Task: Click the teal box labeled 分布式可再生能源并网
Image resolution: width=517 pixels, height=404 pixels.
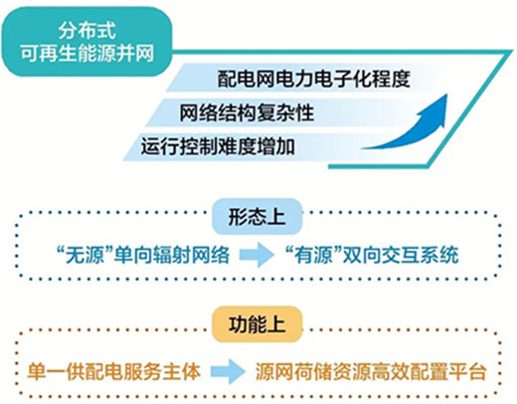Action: pyautogui.click(x=86, y=42)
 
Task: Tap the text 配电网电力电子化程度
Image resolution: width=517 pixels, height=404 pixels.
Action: pyautogui.click(x=313, y=79)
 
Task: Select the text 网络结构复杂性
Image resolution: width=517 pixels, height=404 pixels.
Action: pyautogui.click(x=247, y=112)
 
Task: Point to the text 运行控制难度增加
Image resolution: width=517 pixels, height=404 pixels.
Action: pyautogui.click(x=218, y=146)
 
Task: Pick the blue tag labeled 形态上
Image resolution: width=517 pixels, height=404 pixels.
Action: pyautogui.click(x=258, y=217)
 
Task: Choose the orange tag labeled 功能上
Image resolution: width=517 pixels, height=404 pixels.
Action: pyautogui.click(x=258, y=324)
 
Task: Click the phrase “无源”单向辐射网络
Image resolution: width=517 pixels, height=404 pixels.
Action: pyautogui.click(x=143, y=255)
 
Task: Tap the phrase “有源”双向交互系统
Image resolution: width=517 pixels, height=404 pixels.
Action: pyautogui.click(x=372, y=255)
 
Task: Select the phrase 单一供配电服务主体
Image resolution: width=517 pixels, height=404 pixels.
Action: pyautogui.click(x=114, y=371)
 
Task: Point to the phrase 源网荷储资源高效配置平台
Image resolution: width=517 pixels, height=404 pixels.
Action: pyautogui.click(x=371, y=371)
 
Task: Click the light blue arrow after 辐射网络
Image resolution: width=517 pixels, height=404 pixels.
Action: pyautogui.click(x=258, y=255)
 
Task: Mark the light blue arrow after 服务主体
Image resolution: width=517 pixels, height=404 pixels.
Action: pyautogui.click(x=228, y=371)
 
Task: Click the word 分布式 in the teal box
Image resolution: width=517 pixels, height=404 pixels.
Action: pyautogui.click(x=87, y=30)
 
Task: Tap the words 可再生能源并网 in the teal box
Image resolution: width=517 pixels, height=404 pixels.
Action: pyautogui.click(x=87, y=53)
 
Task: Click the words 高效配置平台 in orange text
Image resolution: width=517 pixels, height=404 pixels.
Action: pyautogui.click(x=429, y=371)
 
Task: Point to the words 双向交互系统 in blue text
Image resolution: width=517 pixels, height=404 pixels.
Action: pyautogui.click(x=401, y=255)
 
